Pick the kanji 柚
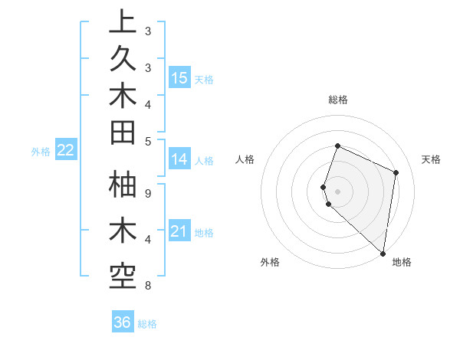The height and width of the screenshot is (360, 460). click(x=123, y=186)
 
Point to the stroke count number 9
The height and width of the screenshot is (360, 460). click(x=147, y=193)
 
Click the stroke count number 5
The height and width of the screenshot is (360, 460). click(x=147, y=141)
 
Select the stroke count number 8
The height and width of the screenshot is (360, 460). click(x=147, y=286)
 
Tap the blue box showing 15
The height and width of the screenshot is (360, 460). click(x=179, y=77)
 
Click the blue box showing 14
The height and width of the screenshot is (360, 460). click(x=179, y=159)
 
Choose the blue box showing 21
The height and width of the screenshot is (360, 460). click(x=179, y=231)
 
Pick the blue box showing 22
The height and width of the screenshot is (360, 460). click(x=65, y=150)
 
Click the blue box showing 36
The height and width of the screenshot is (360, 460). click(x=123, y=322)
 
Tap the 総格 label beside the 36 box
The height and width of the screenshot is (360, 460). click(x=147, y=324)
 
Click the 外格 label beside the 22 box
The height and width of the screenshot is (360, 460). click(x=41, y=152)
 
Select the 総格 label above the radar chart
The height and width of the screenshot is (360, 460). click(x=338, y=100)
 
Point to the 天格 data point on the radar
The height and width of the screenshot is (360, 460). click(x=396, y=172)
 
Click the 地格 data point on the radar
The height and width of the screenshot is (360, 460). click(x=383, y=254)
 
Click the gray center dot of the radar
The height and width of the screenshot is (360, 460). click(x=337, y=191)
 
